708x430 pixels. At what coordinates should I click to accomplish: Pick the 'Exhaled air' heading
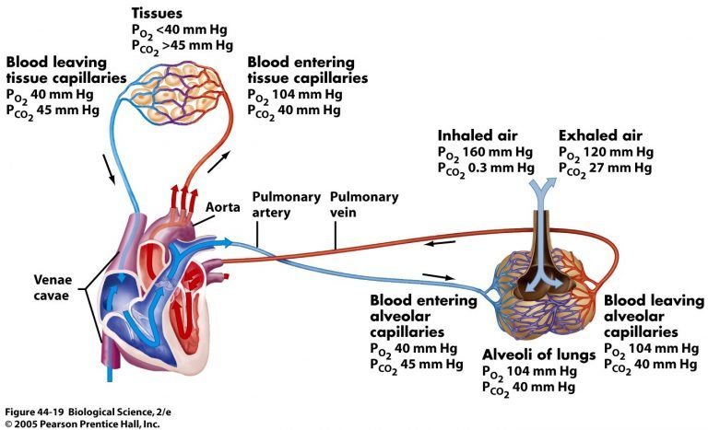[x=598, y=134]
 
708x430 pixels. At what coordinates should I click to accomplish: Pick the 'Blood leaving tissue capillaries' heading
[x=65, y=70]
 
